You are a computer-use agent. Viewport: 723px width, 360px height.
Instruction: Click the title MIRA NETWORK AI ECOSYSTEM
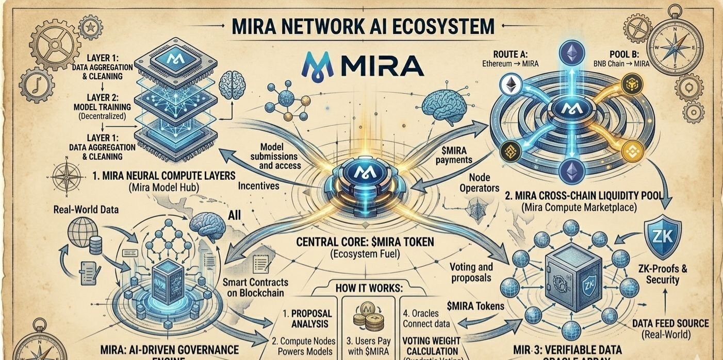pyautogui.click(x=361, y=25)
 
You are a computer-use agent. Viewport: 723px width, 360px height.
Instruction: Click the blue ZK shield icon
pyautogui.click(x=664, y=236)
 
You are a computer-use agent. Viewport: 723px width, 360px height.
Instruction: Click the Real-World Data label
pyautogui.click(x=86, y=210)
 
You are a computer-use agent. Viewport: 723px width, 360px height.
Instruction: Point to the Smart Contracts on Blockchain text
pyautogui.click(x=256, y=288)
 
